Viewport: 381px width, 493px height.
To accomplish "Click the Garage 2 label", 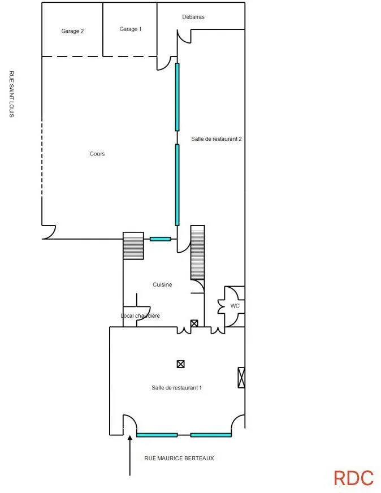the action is point(72,31).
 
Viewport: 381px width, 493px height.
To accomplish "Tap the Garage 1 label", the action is point(131,29).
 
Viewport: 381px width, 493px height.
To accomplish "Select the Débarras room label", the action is point(193,17).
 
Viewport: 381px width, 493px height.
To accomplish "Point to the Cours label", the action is point(97,154).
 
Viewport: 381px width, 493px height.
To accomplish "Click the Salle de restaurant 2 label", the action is point(217,139).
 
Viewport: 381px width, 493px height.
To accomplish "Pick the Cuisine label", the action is point(162,284).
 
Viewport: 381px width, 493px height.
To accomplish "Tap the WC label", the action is point(235,306).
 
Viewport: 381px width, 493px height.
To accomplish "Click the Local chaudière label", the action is point(140,315).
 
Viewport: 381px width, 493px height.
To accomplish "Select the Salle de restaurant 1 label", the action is point(177,388).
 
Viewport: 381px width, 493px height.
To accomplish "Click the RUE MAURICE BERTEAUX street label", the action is point(179,459).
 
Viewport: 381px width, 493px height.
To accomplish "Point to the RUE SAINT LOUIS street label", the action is point(12,94).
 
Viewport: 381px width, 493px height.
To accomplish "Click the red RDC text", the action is point(354,478).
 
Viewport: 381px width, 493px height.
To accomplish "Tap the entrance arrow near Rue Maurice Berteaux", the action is point(129,455).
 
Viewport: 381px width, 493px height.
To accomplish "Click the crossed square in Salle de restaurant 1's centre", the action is point(180,364).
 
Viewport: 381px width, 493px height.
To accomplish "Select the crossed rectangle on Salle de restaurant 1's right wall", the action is point(241,377).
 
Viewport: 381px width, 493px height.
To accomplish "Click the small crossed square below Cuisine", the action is point(194,323).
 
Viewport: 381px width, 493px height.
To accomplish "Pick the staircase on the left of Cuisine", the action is point(133,246).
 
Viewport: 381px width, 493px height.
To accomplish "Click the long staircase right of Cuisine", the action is point(197,253).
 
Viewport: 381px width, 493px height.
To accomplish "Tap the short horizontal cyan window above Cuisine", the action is point(161,239).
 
